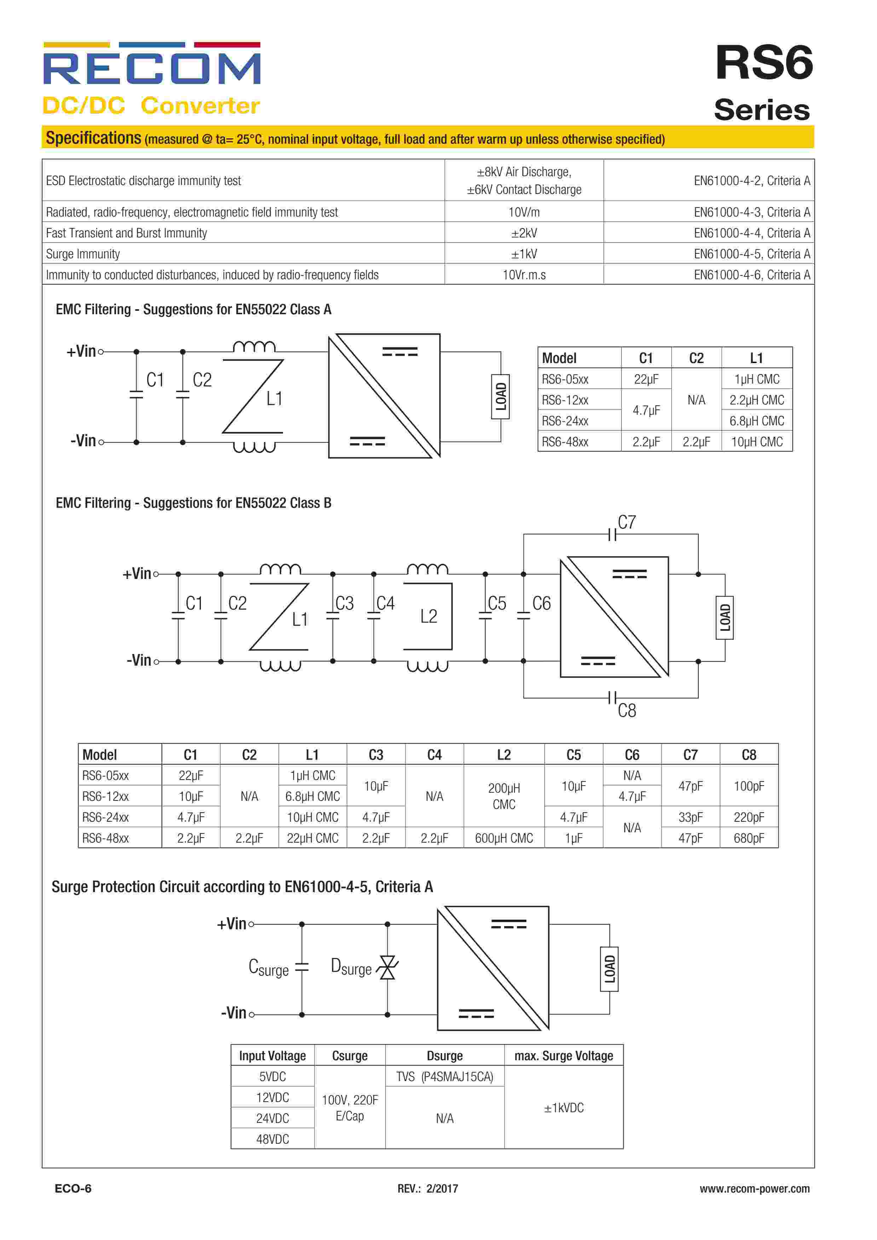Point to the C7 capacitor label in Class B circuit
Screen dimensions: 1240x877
[x=627, y=522]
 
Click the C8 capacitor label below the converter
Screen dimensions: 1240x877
[x=627, y=710]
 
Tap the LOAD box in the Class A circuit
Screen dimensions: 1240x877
[x=501, y=396]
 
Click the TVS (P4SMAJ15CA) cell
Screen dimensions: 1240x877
[x=444, y=1077]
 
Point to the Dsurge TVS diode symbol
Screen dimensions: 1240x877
[x=387, y=968]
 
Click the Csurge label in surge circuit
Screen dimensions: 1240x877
[x=269, y=967]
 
